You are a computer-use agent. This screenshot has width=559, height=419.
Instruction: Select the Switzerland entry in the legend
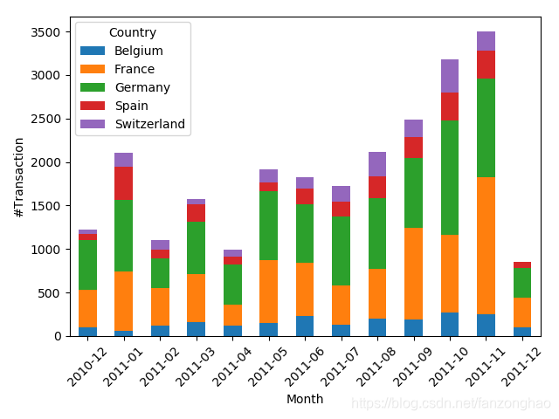tap(149, 124)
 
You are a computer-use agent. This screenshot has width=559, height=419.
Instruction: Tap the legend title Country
tap(133, 32)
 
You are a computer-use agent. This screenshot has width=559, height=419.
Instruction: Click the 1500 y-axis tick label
tap(45, 206)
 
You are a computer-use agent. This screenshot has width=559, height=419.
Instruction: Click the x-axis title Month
tap(305, 399)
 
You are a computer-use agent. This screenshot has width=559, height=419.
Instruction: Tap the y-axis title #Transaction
tap(18, 175)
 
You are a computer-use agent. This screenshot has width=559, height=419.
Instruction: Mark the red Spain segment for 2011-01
tap(124, 183)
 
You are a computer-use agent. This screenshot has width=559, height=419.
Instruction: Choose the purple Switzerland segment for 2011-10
tap(450, 76)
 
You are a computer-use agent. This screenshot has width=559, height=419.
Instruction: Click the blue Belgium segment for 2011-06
tap(305, 326)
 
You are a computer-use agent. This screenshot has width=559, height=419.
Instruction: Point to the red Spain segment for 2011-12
tap(522, 264)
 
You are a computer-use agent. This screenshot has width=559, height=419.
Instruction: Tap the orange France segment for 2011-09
tap(413, 273)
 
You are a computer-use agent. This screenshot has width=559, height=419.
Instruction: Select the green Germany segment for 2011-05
tap(268, 225)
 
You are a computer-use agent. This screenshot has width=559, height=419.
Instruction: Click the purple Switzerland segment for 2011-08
tap(377, 164)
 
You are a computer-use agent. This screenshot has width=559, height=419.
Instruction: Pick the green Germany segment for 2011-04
tap(232, 285)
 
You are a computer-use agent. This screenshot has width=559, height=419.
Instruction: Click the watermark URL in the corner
tap(451, 403)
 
